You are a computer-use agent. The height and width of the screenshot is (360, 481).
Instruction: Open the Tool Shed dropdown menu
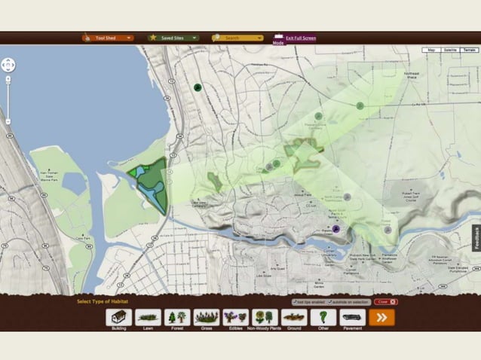pyautogui.click(x=108, y=37)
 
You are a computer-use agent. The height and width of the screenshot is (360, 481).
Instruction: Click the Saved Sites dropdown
pyautogui.click(x=173, y=37)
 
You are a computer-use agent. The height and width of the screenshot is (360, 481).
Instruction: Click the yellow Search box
pyautogui.click(x=237, y=37)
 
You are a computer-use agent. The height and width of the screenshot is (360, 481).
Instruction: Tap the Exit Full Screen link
pyautogui.click(x=301, y=37)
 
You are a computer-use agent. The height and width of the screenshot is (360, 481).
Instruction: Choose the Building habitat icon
pyautogui.click(x=118, y=318)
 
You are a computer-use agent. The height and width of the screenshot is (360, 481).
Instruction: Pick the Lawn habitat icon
pyautogui.click(x=149, y=318)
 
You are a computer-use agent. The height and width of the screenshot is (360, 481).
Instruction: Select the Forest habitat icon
pyautogui.click(x=177, y=318)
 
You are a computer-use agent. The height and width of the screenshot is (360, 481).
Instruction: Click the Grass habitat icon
pyautogui.click(x=207, y=318)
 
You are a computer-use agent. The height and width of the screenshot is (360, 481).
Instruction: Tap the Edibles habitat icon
pyautogui.click(x=235, y=318)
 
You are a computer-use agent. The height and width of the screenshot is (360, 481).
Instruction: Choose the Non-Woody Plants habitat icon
pyautogui.click(x=265, y=318)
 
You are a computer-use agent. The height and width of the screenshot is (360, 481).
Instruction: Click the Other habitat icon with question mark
pyautogui.click(x=323, y=318)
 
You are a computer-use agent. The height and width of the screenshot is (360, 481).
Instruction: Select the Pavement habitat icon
pyautogui.click(x=352, y=318)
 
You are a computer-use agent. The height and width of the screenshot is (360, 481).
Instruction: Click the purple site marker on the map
pyautogui.click(x=336, y=228)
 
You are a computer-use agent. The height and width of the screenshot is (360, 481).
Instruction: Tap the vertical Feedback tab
pyautogui.click(x=476, y=237)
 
